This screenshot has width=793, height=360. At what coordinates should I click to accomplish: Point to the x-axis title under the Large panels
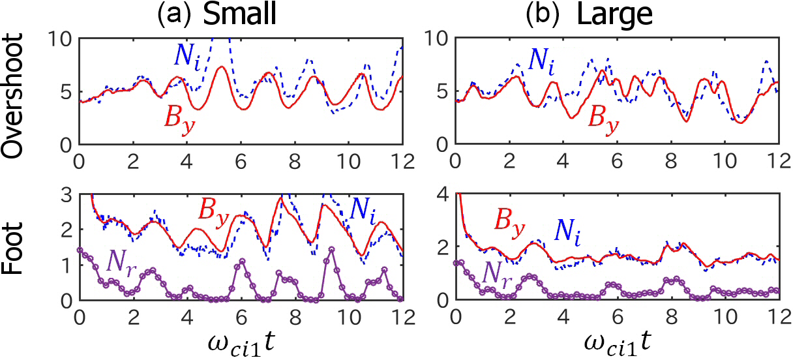pyautogui.click(x=615, y=340)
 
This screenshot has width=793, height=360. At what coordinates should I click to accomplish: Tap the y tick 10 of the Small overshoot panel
pyautogui.click(x=62, y=39)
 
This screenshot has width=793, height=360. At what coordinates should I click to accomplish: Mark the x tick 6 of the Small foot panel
pyautogui.click(x=241, y=314)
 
